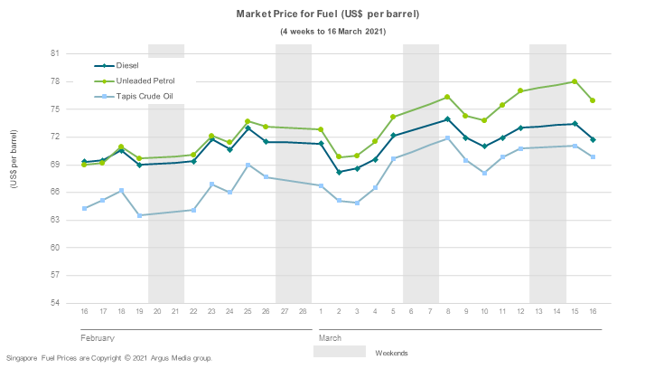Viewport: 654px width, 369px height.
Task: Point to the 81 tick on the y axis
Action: (54, 53)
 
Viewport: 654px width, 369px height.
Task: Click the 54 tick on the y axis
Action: (54, 303)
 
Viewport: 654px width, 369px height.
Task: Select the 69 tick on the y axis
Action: (54, 165)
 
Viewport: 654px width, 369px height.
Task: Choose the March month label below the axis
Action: (331, 337)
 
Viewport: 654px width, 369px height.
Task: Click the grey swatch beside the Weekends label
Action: (340, 352)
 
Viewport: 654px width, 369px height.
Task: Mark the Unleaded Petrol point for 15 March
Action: (575, 81)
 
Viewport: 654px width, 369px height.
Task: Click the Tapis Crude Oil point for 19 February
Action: (139, 215)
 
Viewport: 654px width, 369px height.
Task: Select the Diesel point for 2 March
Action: (339, 172)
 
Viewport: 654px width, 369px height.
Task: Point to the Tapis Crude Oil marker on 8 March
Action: (448, 138)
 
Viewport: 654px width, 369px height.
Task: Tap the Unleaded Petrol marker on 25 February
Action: (248, 121)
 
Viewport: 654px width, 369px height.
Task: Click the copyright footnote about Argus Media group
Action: (109, 358)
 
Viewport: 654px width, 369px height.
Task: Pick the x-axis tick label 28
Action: (303, 312)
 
